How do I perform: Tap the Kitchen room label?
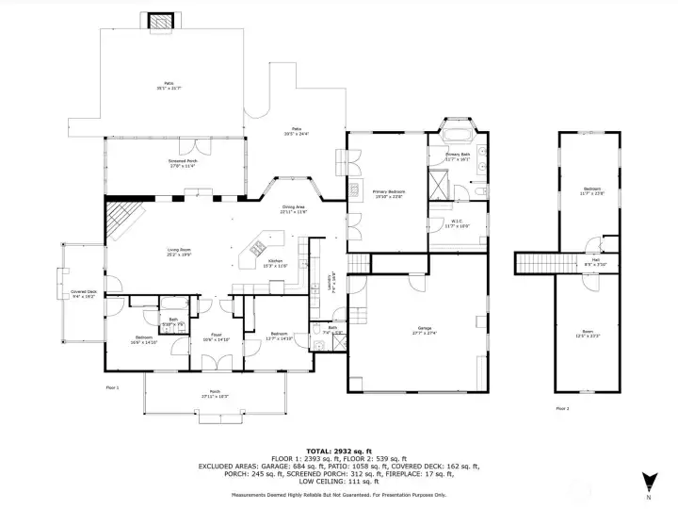coord(275,262)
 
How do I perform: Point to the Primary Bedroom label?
coord(388,193)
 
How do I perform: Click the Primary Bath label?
coord(458,156)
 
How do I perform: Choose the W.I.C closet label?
coord(456,224)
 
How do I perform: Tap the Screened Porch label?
coord(176,164)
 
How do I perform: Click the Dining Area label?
coord(293,209)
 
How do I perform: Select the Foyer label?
coord(216,337)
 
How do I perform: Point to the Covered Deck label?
coord(83,293)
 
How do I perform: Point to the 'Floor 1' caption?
coord(111,387)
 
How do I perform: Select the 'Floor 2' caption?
coord(562,408)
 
